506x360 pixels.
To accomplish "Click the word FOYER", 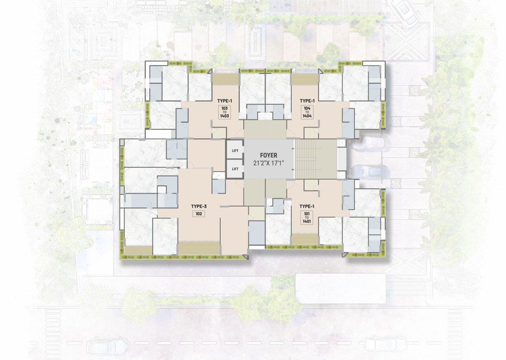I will coord(268,155).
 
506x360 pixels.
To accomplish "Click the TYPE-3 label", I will coord(199,206).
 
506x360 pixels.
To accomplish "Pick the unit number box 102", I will coord(199,214).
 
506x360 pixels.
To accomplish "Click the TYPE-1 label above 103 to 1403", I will coord(225,101).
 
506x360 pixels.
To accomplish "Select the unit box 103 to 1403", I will coord(225,112).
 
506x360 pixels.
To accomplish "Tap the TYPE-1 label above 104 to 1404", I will coord(307,101).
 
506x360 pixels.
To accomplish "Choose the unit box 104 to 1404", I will coord(307,112).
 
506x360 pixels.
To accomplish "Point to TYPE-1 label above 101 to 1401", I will coord(306,206).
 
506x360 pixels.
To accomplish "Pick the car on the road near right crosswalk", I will coord(383,344).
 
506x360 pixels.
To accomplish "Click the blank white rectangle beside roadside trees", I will coord(340,289).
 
